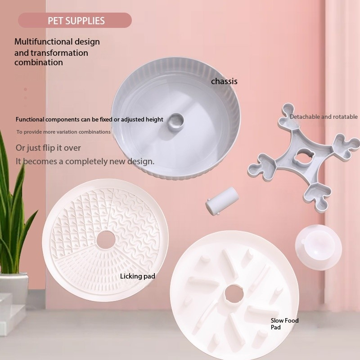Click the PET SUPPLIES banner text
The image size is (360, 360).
tap(76, 21)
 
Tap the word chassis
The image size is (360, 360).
tap(224, 81)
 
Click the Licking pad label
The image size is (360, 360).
tap(138, 276)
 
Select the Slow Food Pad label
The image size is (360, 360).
tap(284, 324)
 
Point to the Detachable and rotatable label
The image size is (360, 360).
tap(324, 117)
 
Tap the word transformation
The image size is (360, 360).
tap(59, 53)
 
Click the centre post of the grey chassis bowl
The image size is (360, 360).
tap(175, 121)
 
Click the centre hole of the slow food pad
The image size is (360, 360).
tap(234, 294)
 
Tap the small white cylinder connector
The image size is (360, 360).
tap(222, 201)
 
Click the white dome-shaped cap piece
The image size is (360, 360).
tap(318, 247)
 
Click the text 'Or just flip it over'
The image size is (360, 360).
tap(48, 148)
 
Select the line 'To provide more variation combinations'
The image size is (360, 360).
tap(63, 132)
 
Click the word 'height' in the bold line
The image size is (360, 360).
tap(154, 119)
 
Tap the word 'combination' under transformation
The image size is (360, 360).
tap(39, 63)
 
